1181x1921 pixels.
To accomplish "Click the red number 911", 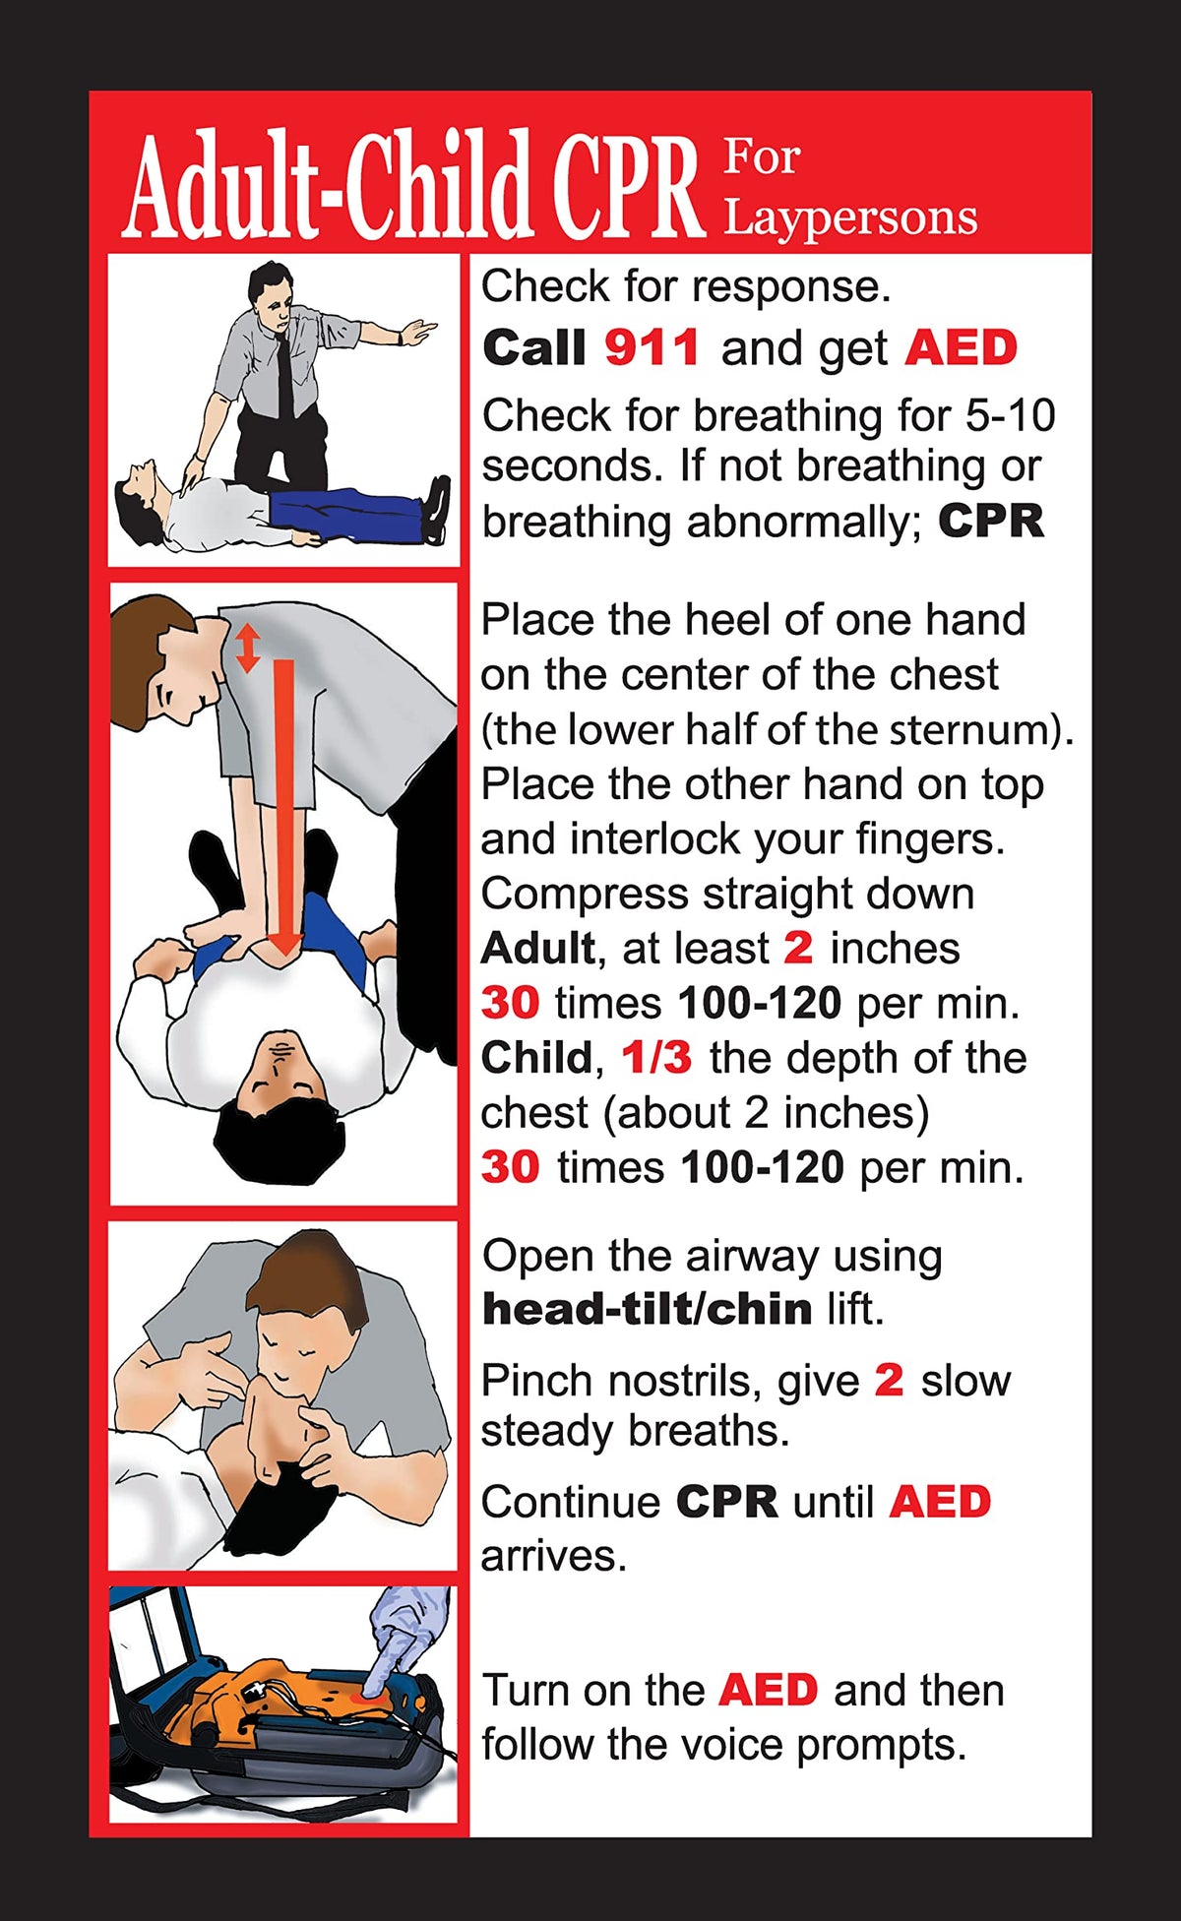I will (x=652, y=348).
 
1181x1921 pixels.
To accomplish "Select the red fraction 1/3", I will (x=656, y=1058).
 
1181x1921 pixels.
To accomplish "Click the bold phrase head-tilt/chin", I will (x=647, y=1310).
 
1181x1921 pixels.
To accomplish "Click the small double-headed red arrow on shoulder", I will (x=247, y=648).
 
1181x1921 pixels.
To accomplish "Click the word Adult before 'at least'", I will (x=537, y=949).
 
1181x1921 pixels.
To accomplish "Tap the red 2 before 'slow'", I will (x=888, y=1381).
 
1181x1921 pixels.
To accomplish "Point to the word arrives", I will (x=553, y=1557).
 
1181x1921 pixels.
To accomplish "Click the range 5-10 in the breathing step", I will (x=1010, y=415).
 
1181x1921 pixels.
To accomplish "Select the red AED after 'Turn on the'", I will (x=768, y=1690).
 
